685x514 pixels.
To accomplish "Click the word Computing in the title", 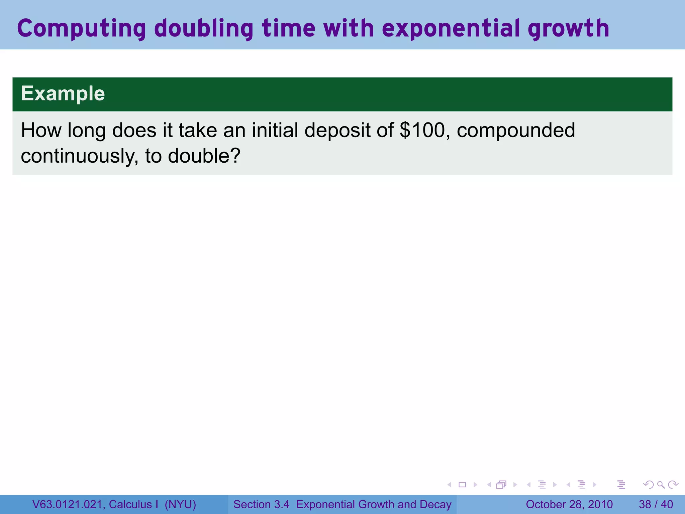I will [81, 28].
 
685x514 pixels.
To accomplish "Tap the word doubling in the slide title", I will [204, 28].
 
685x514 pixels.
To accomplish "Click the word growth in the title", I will [568, 28].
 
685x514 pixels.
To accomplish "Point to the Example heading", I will [63, 93].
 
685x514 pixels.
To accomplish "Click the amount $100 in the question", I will [422, 130].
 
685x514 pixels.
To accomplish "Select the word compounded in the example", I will [516, 130].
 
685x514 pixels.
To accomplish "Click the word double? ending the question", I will [204, 156].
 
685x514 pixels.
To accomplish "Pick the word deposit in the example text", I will [337, 130].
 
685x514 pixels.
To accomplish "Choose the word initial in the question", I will [275, 130].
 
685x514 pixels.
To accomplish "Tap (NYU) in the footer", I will [180, 504].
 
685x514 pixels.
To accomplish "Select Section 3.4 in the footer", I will [261, 504].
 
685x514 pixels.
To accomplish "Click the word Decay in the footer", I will [435, 504].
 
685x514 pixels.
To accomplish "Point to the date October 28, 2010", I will [569, 504].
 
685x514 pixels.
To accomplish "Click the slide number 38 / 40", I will [656, 504].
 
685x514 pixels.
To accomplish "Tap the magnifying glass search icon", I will [661, 485].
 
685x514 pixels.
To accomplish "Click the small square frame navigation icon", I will [462, 485].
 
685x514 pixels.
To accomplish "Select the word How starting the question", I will [41, 130].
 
